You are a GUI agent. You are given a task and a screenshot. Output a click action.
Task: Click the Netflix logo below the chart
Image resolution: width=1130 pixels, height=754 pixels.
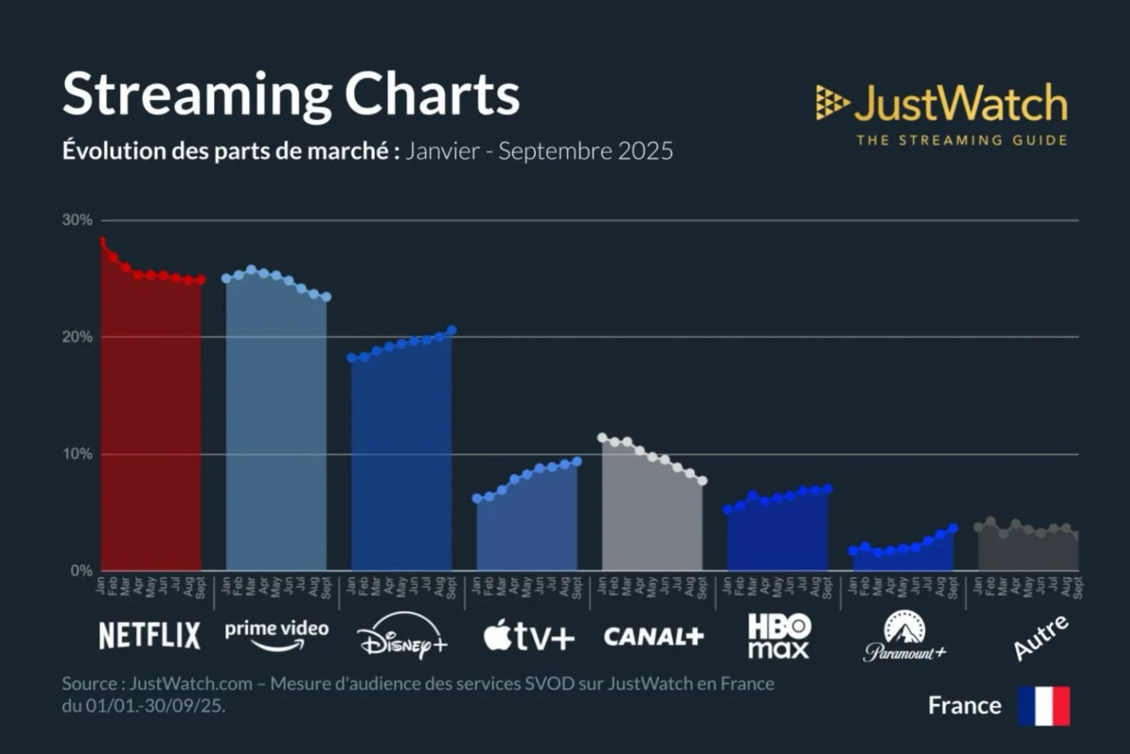point(149,636)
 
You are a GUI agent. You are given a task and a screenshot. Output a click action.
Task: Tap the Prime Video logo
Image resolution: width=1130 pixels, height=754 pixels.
point(277,634)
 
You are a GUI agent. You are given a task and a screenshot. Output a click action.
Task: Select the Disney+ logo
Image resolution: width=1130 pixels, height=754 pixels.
point(402,636)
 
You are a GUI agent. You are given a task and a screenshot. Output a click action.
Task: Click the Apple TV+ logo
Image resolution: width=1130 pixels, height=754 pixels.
point(529,636)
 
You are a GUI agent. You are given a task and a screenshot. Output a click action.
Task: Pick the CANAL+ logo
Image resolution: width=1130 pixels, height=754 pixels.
point(653,636)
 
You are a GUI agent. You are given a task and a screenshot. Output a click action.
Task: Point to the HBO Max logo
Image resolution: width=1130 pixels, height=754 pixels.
point(779,636)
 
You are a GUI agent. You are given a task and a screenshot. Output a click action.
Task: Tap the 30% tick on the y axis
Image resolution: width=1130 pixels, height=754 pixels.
point(77,220)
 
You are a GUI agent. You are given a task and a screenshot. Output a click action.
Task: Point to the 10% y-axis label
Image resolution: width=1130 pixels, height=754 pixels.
point(77,454)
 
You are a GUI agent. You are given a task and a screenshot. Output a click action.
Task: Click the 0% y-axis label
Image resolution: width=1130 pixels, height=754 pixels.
point(81,571)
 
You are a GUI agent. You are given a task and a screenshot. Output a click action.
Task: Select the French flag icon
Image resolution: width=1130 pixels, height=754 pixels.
point(1044,705)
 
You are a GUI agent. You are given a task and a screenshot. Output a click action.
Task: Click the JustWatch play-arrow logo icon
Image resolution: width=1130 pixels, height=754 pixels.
point(832,102)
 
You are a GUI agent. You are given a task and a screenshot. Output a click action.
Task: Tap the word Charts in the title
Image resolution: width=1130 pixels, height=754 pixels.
point(431,94)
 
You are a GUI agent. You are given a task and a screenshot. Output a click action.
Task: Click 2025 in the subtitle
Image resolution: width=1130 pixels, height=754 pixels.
point(645,151)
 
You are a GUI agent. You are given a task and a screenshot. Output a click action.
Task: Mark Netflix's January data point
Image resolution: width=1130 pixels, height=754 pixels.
point(102,241)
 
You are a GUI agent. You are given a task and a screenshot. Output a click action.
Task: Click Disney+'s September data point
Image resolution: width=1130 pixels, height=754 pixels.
point(451,330)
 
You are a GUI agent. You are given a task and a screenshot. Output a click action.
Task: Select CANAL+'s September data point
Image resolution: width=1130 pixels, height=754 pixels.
point(702,481)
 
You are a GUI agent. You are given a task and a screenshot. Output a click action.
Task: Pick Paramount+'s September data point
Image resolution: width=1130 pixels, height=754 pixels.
point(953,528)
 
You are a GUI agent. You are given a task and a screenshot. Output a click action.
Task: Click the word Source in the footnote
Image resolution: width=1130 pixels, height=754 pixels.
point(89,684)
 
